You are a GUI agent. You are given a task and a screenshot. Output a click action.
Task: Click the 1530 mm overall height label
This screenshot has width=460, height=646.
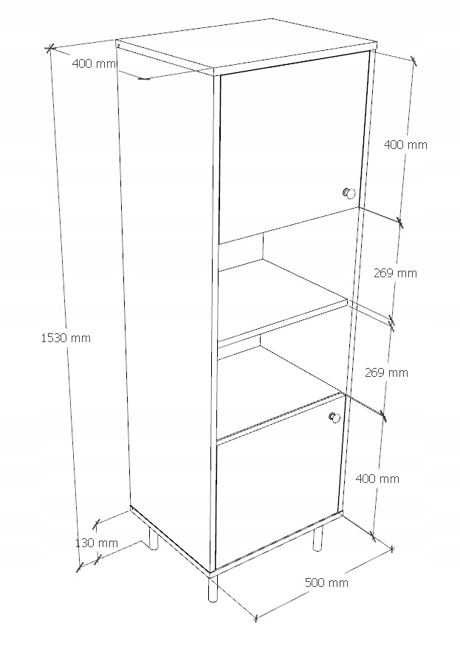coord(66,338)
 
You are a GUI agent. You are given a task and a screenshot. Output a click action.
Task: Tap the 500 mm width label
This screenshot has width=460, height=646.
coord(326,583)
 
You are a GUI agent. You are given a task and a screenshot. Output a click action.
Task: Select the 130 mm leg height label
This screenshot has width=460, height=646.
coord(97,543)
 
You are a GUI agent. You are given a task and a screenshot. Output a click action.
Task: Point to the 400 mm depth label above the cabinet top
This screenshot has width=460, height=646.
coord(94,64)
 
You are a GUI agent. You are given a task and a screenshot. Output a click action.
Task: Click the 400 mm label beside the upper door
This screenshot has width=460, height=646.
coord(405,145)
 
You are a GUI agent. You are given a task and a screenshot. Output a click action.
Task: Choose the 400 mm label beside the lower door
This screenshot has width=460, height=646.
coord(377,479)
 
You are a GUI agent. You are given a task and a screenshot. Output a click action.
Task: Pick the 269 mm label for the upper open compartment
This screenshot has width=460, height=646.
coord(395,273)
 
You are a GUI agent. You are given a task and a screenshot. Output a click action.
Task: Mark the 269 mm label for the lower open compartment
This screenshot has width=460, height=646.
coord(386,372)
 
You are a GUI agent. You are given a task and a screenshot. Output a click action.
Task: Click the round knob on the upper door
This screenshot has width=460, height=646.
coord(349,192)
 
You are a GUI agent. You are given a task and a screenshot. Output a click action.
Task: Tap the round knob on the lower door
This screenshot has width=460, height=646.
coord(334,417)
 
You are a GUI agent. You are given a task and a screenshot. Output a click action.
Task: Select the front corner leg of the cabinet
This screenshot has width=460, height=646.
coord(213,588)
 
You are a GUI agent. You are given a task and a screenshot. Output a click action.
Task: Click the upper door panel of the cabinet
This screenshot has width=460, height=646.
coord(293,146)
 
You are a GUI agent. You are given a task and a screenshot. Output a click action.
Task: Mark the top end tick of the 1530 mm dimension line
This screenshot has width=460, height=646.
coord(50,49)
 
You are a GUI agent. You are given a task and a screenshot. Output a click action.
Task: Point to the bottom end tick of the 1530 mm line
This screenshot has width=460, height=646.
coord(80,567)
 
